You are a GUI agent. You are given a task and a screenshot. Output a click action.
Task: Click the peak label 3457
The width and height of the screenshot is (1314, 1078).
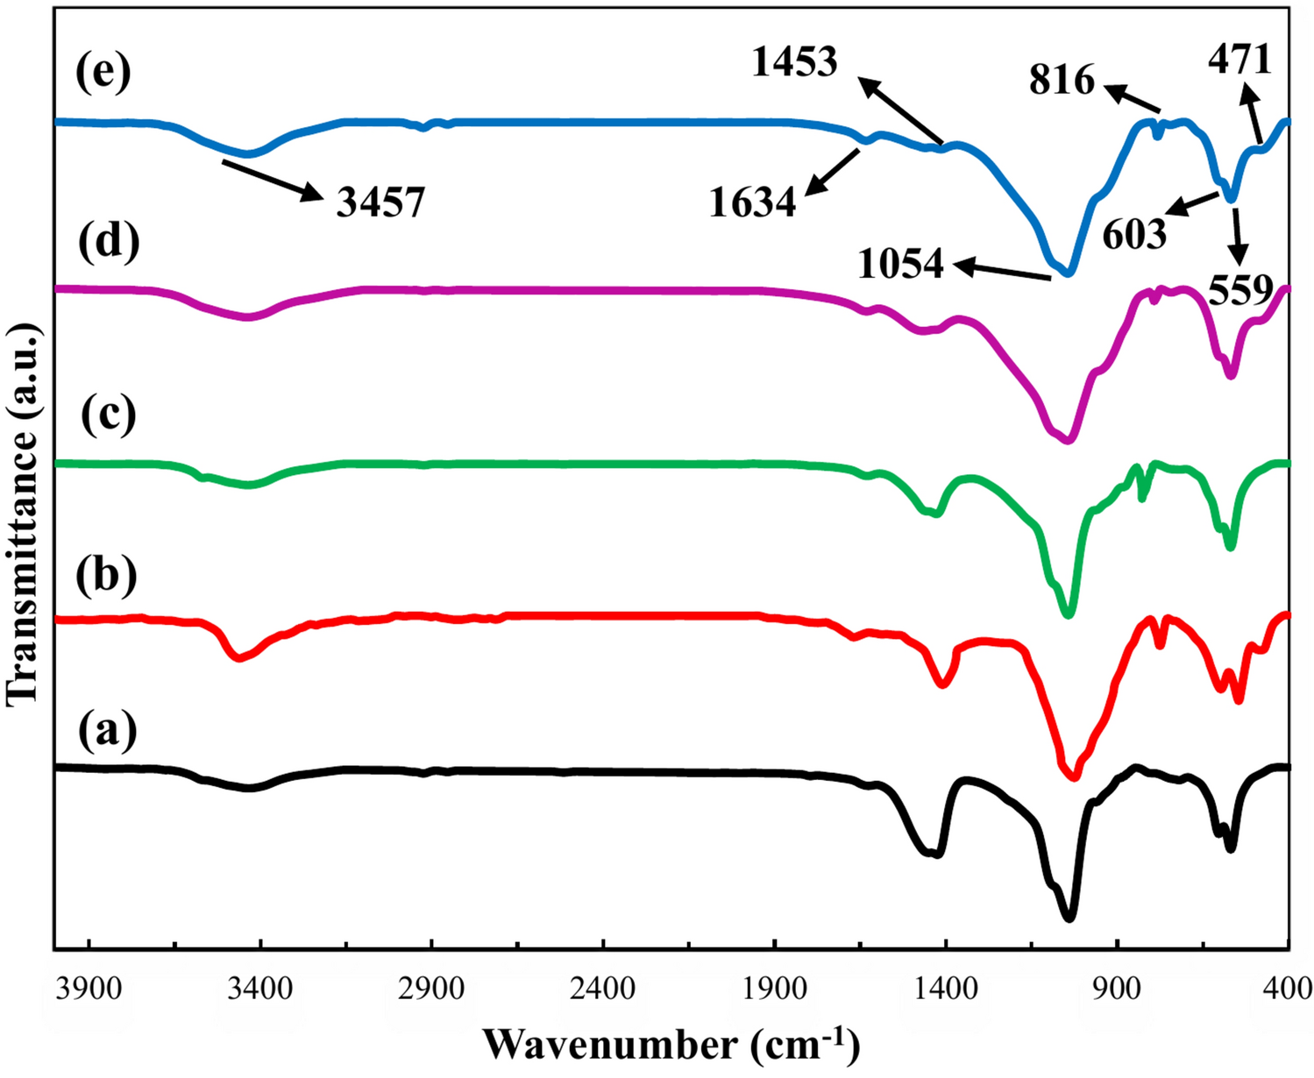click(x=380, y=203)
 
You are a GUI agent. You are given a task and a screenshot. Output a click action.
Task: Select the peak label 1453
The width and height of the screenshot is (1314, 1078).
click(x=794, y=62)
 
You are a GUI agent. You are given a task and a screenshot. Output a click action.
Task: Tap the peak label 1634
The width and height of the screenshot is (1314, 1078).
click(x=753, y=203)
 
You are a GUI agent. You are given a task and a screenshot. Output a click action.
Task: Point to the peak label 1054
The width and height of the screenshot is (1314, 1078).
click(x=901, y=264)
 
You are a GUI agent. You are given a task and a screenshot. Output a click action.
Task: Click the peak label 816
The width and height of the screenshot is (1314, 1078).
click(x=1062, y=82)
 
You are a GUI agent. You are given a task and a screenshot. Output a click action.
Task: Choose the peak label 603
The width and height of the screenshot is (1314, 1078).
click(x=1134, y=235)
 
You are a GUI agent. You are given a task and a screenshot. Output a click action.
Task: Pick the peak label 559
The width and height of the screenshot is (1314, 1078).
click(x=1240, y=289)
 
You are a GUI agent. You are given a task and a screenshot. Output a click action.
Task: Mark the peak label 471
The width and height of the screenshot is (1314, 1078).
click(x=1239, y=60)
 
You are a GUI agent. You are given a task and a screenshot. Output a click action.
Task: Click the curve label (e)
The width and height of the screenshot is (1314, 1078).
click(x=103, y=73)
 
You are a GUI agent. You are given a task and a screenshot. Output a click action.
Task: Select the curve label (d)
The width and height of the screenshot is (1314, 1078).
click(x=109, y=243)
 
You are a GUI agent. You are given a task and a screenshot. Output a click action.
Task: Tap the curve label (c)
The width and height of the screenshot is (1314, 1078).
click(x=109, y=414)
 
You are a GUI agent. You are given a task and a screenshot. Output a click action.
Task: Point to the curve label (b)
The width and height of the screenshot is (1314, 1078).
click(x=106, y=574)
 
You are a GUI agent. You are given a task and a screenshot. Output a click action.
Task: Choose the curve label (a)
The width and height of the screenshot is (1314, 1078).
click(x=106, y=730)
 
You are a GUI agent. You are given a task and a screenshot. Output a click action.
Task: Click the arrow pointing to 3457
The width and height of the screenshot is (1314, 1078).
click(x=268, y=180)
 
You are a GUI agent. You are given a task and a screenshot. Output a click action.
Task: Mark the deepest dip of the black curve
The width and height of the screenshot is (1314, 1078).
click(x=1069, y=918)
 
